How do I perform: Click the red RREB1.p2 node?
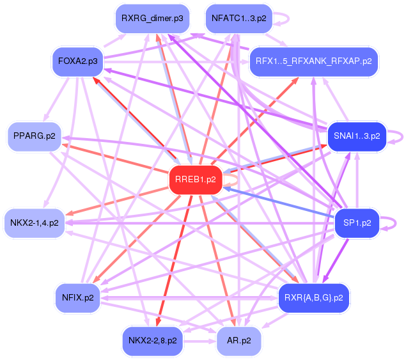click(x=196, y=180)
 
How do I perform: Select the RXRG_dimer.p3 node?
click(x=152, y=19)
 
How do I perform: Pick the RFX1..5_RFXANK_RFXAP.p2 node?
click(x=314, y=61)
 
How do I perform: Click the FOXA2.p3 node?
click(x=77, y=61)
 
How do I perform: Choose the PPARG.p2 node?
click(x=33, y=136)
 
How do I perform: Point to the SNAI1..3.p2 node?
click(x=357, y=136)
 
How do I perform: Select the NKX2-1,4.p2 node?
click(x=34, y=223)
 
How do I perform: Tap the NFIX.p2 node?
click(x=77, y=297)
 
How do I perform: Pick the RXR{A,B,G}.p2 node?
click(x=314, y=297)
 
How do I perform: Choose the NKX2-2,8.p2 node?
click(x=152, y=340)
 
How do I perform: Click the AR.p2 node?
click(x=239, y=340)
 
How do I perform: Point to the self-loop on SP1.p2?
click(x=394, y=223)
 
